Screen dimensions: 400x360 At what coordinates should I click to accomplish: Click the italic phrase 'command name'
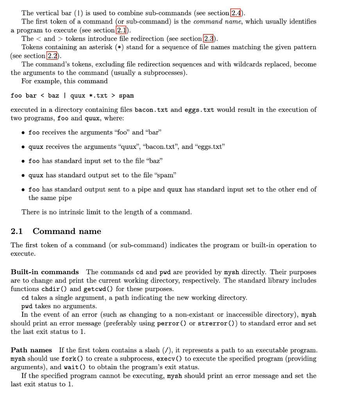coord(223,21)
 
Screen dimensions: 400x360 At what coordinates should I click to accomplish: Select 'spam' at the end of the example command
coord(126,96)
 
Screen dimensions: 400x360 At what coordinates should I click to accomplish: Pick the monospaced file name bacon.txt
coord(151,110)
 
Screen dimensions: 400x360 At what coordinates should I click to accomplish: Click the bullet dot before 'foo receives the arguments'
coord(24,133)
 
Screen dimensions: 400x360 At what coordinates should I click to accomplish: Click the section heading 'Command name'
coord(67,231)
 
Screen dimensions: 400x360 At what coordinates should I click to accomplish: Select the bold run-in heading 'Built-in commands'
coord(45,272)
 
